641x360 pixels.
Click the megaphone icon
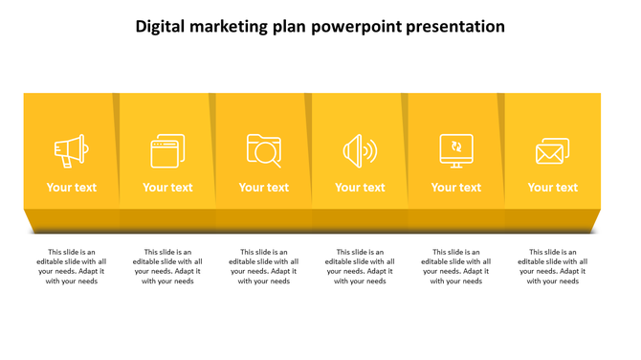[71, 151]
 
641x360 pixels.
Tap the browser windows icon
[167, 151]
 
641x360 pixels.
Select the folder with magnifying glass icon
[264, 151]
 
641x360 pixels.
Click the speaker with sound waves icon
[360, 151]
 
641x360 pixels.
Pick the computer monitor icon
[456, 151]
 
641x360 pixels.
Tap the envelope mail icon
[552, 151]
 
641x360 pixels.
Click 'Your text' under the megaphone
[72, 188]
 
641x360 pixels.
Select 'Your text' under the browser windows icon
[167, 188]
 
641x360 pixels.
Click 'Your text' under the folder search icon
[264, 188]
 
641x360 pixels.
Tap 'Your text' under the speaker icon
[360, 188]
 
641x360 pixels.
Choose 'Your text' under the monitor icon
[456, 188]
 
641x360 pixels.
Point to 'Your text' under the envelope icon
[552, 188]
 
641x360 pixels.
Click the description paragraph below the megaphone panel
[72, 267]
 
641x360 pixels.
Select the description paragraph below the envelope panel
[552, 267]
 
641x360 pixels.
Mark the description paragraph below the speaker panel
[360, 267]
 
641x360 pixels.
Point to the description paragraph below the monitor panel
[456, 267]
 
